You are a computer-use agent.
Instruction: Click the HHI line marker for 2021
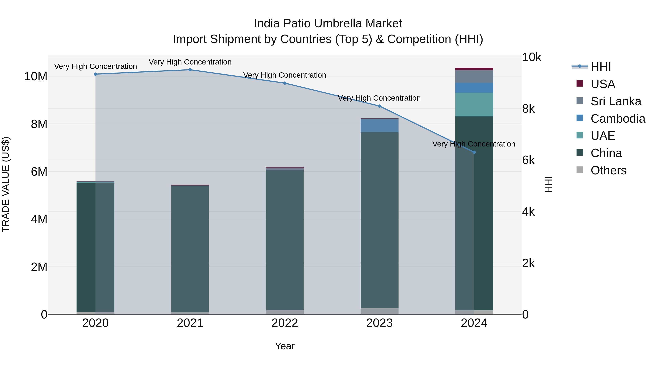pos(190,70)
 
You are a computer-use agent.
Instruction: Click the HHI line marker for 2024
pos(474,152)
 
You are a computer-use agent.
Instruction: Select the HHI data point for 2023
pos(379,106)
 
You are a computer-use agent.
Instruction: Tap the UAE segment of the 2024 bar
pos(474,105)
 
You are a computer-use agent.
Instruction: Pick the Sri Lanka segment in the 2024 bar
pos(474,76)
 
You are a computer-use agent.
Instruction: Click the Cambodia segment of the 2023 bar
pos(379,126)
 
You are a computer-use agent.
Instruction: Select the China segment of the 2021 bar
pos(190,248)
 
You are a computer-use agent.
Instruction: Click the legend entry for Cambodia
pos(618,119)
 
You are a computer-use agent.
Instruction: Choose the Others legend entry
pos(608,170)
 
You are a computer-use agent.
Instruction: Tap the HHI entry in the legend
pos(600,67)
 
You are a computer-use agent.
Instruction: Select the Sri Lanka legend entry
pos(616,101)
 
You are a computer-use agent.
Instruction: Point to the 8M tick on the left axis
pos(39,124)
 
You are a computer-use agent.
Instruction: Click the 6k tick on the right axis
pos(528,160)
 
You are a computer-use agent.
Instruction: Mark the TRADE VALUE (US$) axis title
pos(6,184)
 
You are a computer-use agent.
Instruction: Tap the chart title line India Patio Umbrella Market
pos(328,24)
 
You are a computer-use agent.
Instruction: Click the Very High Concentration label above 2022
pos(284,75)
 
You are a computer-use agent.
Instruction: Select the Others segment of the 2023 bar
pos(379,311)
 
